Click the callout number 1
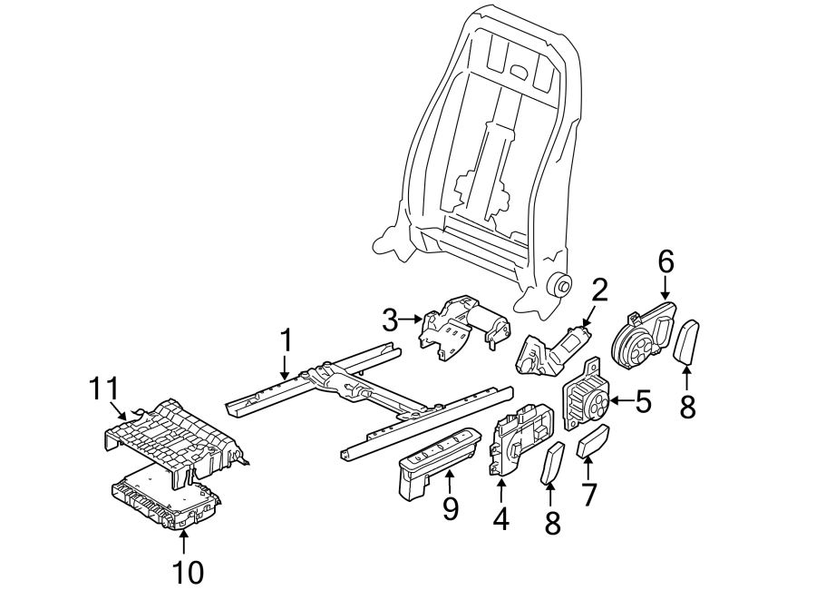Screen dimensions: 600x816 click(286, 342)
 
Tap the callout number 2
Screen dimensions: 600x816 click(599, 290)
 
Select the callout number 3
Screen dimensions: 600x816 click(390, 320)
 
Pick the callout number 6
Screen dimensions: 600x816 click(665, 262)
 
